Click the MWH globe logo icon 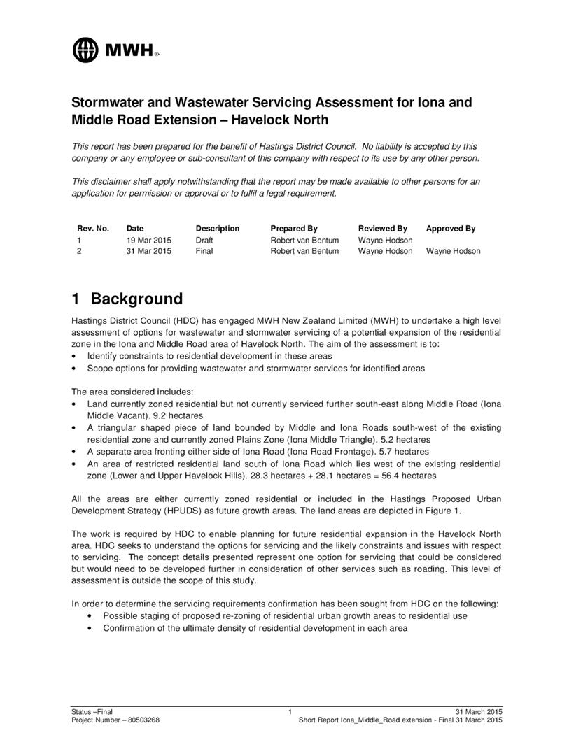[x=86, y=49]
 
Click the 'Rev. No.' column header [x=93, y=229]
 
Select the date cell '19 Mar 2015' [x=148, y=240]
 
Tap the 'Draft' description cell [x=204, y=240]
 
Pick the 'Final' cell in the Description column [x=204, y=251]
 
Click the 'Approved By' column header [x=451, y=229]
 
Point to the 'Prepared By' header [x=294, y=229]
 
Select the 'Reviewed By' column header [x=383, y=229]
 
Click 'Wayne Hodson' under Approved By [x=453, y=251]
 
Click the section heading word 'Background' [x=136, y=299]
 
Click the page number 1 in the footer [x=290, y=711]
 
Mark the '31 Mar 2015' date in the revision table [x=148, y=251]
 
